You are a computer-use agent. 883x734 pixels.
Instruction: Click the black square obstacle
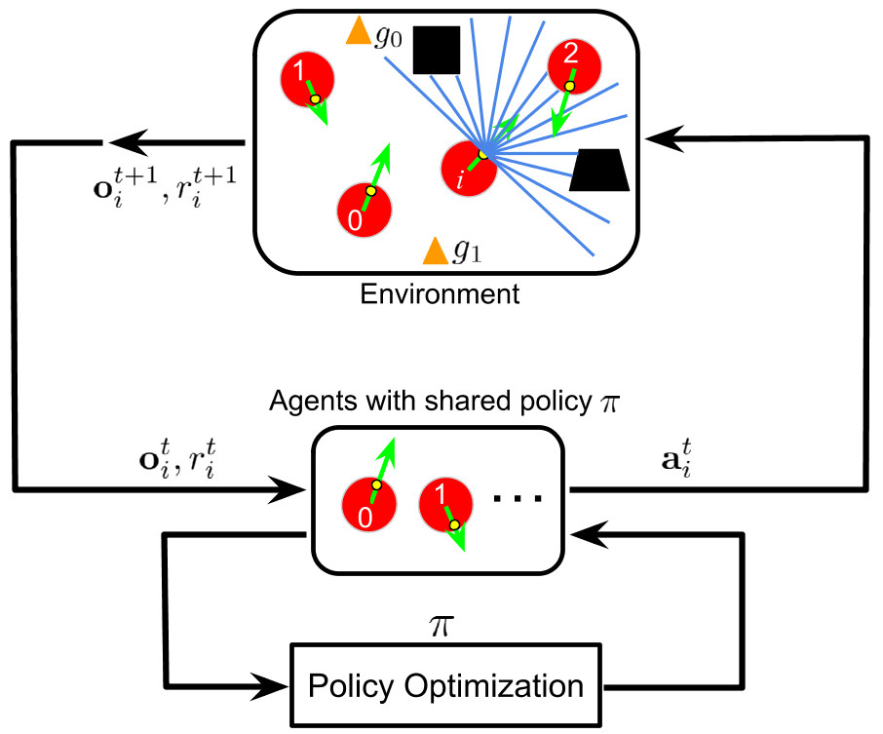tap(436, 50)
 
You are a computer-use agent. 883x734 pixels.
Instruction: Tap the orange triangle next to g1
tap(435, 251)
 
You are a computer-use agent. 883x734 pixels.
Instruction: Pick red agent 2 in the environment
tap(573, 67)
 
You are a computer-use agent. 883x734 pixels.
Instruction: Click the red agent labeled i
tap(469, 169)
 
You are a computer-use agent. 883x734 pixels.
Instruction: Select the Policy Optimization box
tap(445, 685)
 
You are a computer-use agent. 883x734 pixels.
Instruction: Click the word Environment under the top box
tap(440, 293)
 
